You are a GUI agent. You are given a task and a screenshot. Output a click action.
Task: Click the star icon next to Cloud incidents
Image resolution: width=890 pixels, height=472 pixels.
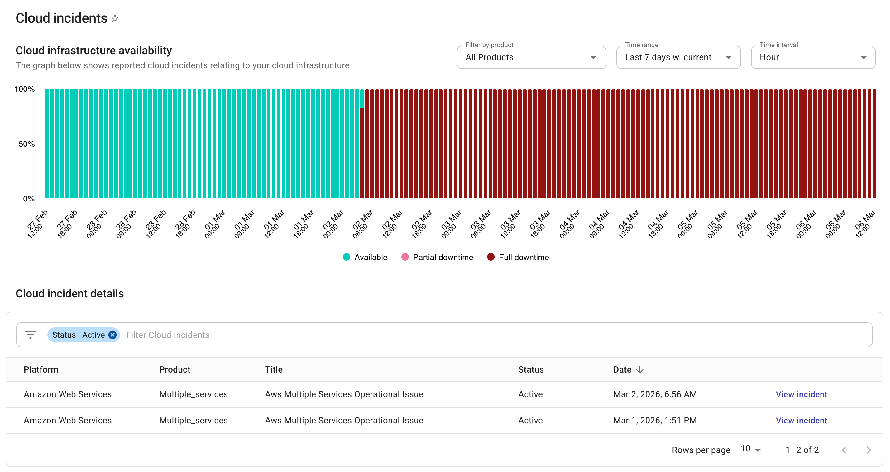coord(115,18)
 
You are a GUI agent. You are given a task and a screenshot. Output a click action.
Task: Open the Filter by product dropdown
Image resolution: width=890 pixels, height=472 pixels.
coord(531,57)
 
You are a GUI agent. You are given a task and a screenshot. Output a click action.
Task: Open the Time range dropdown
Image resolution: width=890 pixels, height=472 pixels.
coord(678,57)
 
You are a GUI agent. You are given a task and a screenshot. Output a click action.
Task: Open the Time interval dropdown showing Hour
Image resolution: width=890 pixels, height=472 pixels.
coord(813,57)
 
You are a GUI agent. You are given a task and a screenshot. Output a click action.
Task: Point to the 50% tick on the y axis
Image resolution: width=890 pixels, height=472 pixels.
coord(26,144)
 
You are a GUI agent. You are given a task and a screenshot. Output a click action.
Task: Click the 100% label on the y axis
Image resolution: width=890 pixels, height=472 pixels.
coord(25,89)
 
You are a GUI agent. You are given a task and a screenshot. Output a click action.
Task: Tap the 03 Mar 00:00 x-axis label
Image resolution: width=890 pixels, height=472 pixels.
coord(451,224)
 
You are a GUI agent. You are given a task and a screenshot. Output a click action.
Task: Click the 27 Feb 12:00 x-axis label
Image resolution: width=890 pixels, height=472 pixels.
coord(37,224)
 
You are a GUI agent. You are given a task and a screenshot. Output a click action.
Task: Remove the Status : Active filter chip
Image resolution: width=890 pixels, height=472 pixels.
coord(112,335)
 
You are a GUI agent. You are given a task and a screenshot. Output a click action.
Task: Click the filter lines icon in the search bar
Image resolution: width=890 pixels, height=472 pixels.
coord(31,335)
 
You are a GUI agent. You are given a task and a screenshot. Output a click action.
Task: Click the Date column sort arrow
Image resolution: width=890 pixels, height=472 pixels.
coord(639,369)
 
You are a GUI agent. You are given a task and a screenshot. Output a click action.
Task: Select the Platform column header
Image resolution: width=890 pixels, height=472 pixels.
coord(41,369)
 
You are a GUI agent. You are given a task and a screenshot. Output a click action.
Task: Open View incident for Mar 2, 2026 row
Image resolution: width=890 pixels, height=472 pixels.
coord(801,394)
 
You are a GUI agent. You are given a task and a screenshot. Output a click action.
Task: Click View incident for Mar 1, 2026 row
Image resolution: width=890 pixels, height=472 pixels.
coord(801,421)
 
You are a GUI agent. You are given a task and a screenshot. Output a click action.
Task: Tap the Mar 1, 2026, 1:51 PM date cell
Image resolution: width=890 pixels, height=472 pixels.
coord(655,421)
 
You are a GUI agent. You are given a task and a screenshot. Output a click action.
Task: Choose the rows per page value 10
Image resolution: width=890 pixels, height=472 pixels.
coord(750,449)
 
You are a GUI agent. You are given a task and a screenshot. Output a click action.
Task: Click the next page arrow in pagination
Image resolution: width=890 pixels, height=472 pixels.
coord(868,450)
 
